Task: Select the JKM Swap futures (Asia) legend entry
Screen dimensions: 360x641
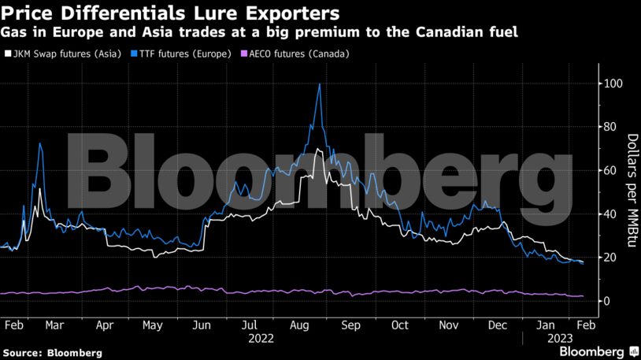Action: [62, 54]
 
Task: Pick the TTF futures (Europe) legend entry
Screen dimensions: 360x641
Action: [183, 54]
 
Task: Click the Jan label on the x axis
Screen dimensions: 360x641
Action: [545, 325]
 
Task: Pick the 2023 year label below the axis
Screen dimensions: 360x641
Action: [557, 337]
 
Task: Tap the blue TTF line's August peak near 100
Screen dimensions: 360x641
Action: [319, 84]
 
